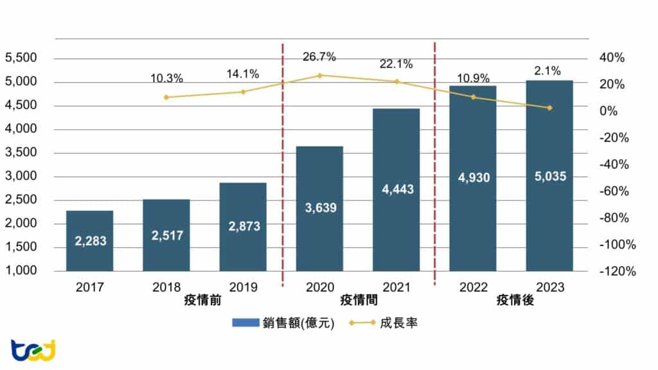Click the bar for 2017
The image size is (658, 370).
click(89, 240)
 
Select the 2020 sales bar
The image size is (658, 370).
click(319, 209)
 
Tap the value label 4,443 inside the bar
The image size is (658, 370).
click(396, 189)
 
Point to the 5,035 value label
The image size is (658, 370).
click(549, 175)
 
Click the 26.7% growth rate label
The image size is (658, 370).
click(319, 57)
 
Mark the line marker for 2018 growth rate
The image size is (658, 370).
click(166, 97)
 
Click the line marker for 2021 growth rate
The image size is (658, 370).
click(396, 82)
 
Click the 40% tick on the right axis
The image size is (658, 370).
click(611, 58)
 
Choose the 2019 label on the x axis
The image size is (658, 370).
click(242, 287)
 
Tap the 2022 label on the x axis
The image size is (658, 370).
click(472, 287)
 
